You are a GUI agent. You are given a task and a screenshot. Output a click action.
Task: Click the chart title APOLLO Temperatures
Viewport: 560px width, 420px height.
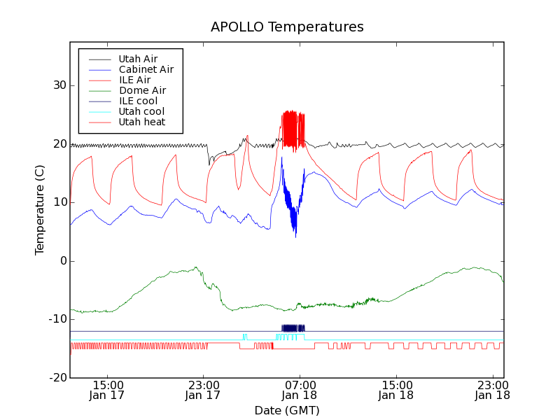(287, 27)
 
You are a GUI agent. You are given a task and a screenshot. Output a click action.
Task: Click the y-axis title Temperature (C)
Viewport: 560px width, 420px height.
(40, 209)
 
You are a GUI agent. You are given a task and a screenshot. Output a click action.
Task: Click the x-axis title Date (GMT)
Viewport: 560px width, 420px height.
(287, 410)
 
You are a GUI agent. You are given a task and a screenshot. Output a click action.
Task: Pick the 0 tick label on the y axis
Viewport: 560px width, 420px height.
(62, 260)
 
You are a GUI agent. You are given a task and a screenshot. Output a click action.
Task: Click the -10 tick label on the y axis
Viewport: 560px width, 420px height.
(55, 319)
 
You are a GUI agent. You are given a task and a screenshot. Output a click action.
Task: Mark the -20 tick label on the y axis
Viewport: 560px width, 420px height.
(55, 377)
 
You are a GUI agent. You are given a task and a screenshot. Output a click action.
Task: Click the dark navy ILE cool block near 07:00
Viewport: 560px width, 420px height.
(293, 328)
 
